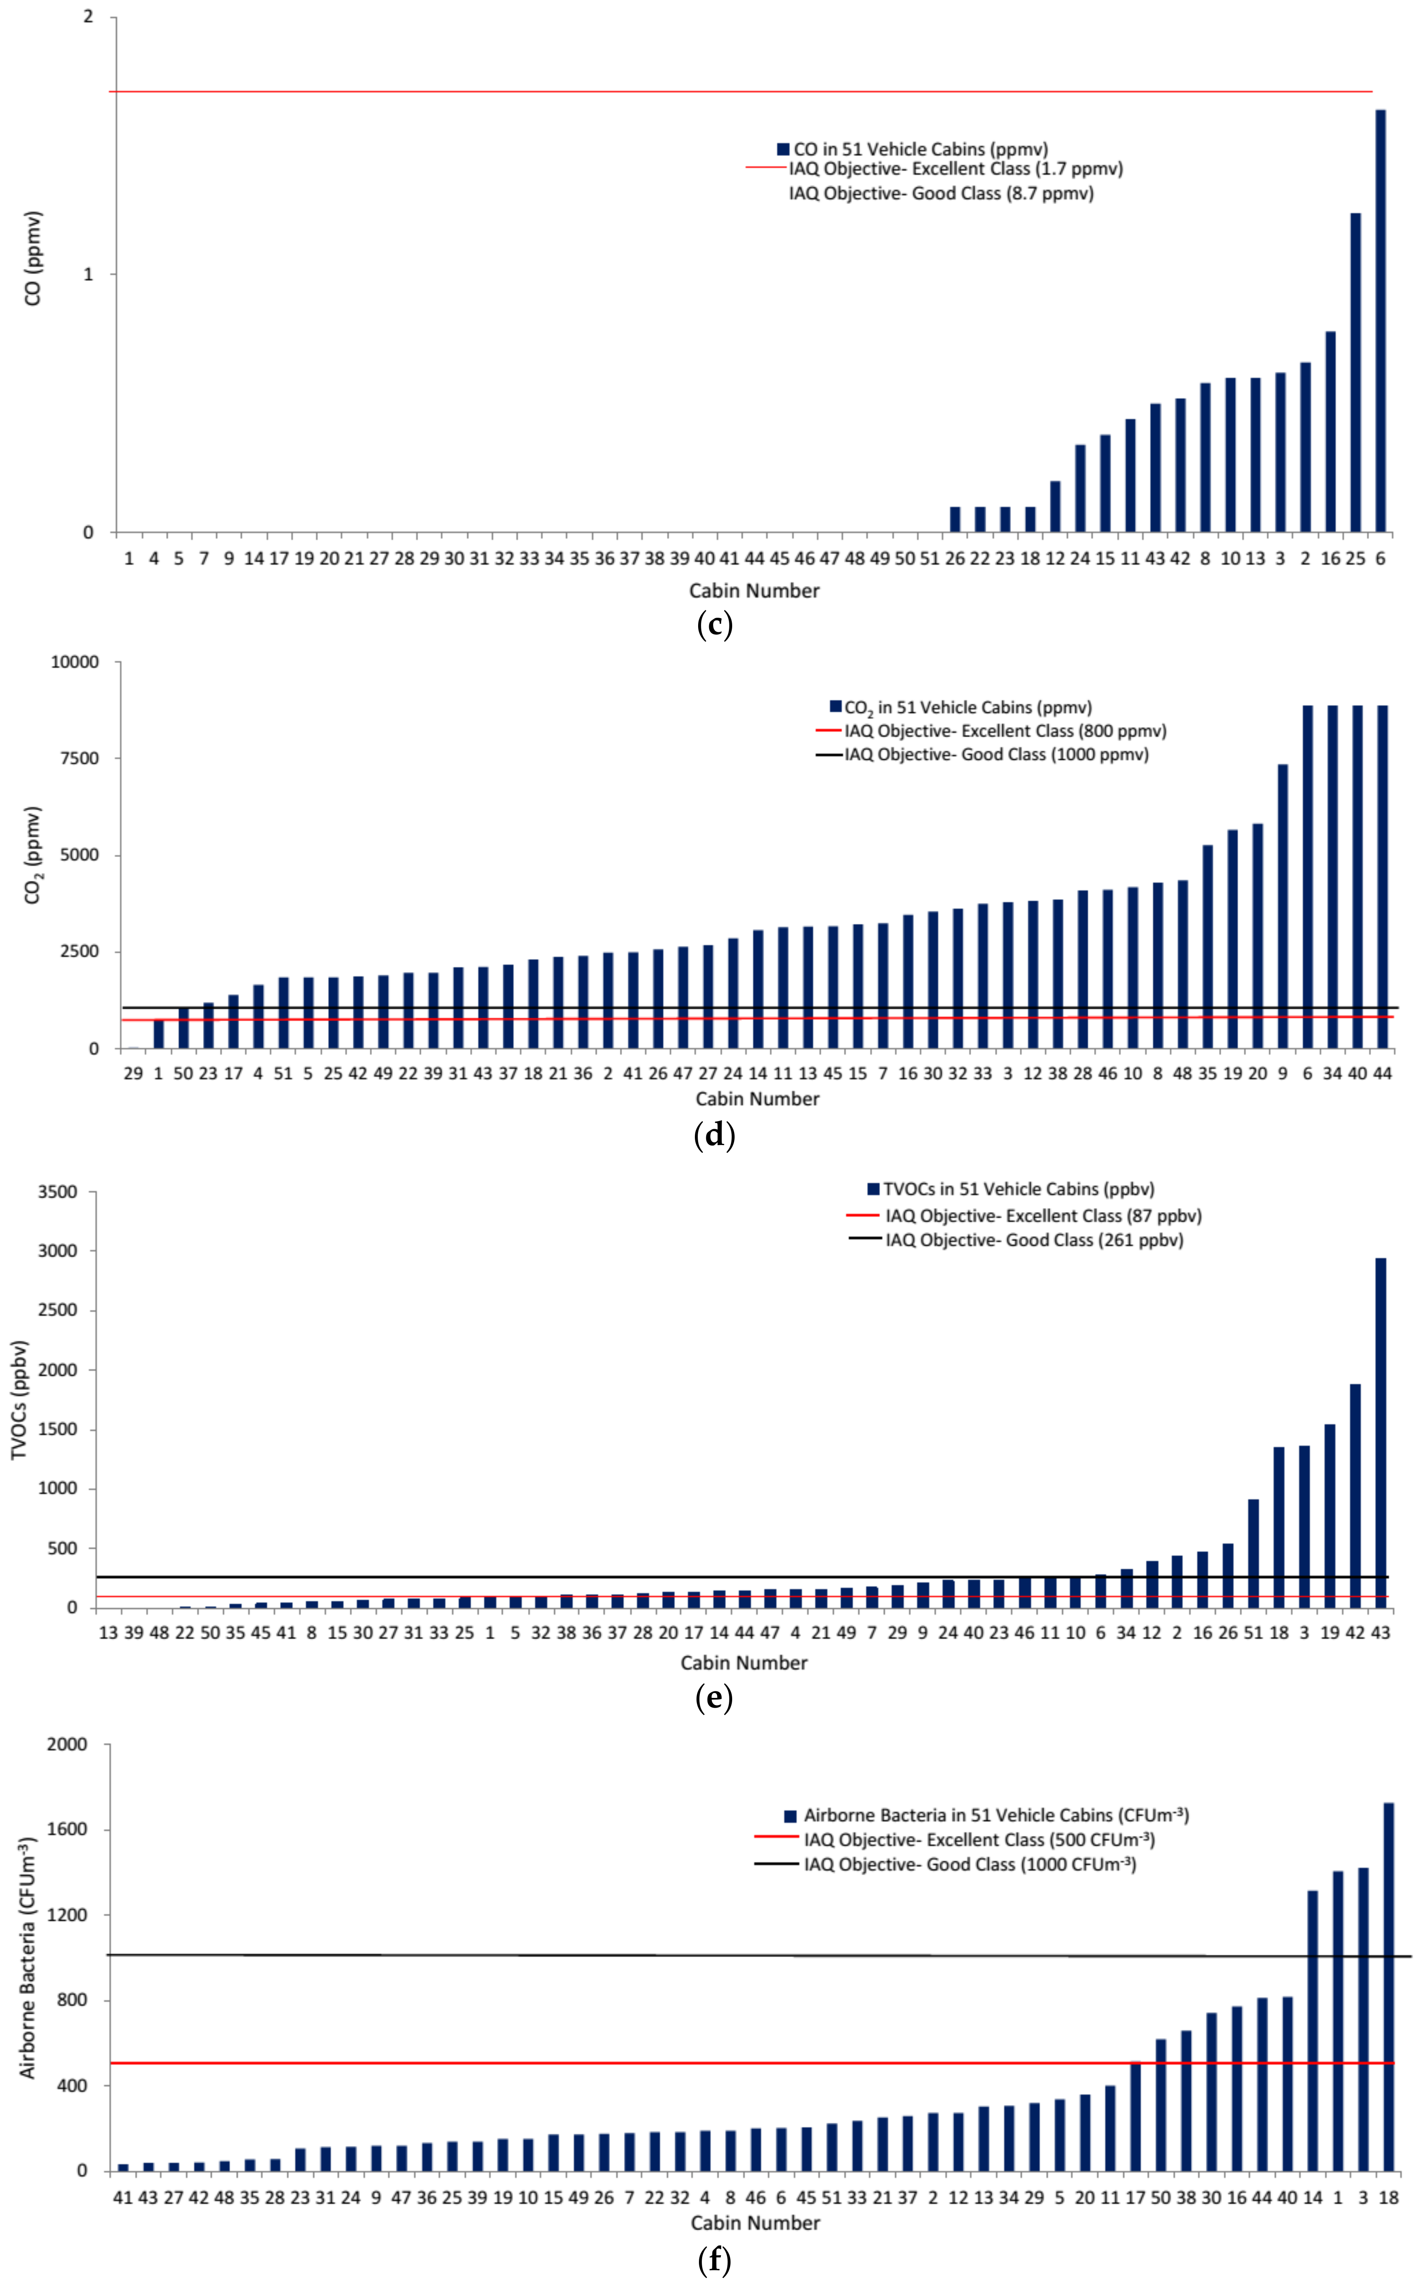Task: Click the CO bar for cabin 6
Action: tap(1380, 321)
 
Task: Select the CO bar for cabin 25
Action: tap(1355, 373)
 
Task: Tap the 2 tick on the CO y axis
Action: tap(88, 17)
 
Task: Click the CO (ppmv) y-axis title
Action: tap(33, 258)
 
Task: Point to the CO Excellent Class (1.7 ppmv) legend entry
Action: tap(934, 168)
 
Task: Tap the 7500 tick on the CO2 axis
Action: tap(74, 758)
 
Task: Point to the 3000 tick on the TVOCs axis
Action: tap(58, 1251)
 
